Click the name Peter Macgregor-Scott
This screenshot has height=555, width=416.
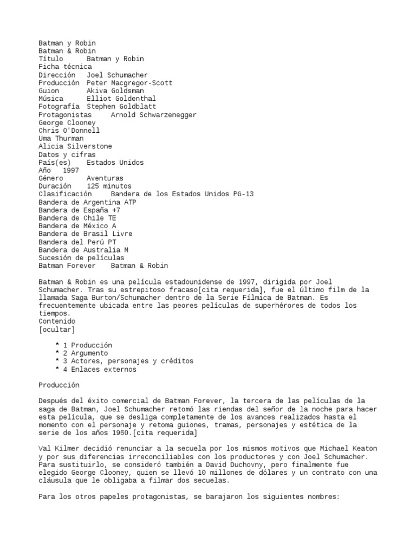click(129, 83)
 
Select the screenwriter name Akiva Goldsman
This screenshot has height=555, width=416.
click(115, 91)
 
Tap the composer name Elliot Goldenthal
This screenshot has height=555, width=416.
click(121, 99)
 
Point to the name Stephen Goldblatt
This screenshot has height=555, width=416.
click(121, 107)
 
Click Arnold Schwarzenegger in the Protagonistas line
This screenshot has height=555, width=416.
click(153, 115)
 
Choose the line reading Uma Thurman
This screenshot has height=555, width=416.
click(61, 139)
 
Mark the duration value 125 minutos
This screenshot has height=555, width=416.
click(109, 186)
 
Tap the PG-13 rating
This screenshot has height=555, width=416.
click(243, 194)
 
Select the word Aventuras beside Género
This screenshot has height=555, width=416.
click(105, 178)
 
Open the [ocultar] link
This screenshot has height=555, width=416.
click(57, 329)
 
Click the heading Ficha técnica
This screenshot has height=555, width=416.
click(65, 67)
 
